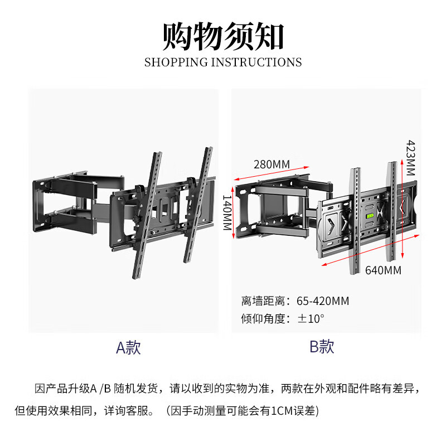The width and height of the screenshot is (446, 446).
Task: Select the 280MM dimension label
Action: coord(272,164)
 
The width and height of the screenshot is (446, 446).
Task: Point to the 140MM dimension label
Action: coord(227,213)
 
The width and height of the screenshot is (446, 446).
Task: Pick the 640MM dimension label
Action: coord(383,270)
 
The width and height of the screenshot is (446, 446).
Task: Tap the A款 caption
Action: coord(128,348)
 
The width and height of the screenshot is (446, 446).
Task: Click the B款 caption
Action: coord(322,347)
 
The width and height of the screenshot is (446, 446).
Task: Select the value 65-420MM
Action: coord(323,301)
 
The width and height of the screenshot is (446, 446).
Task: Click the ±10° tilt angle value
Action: coord(311,319)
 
